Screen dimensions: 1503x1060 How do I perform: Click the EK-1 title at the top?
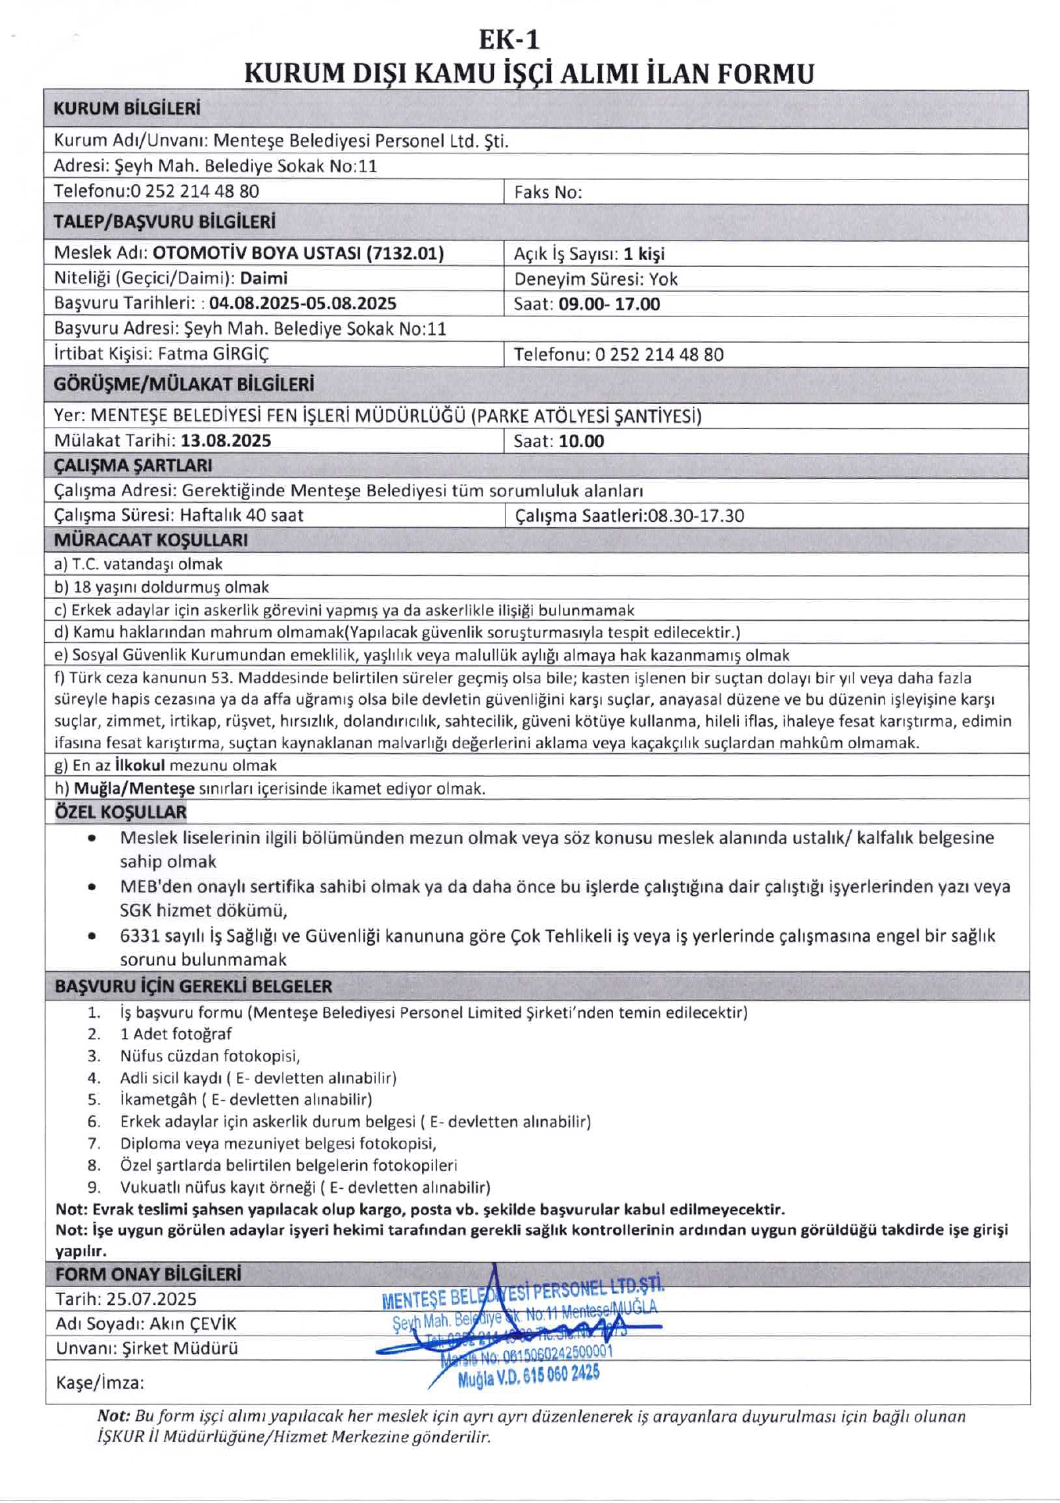(x=509, y=38)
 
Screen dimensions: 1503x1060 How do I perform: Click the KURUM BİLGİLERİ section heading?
(x=127, y=109)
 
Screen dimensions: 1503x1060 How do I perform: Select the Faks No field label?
(x=548, y=193)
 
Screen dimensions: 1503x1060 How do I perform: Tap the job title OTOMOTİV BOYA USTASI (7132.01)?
(x=298, y=253)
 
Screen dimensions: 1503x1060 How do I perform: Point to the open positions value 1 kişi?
(x=644, y=254)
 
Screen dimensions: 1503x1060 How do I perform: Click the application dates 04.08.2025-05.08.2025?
(x=303, y=303)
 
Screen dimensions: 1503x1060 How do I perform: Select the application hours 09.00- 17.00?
(x=609, y=304)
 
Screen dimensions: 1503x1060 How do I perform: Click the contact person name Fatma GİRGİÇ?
(x=213, y=354)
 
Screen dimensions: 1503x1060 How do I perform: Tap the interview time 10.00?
(x=581, y=442)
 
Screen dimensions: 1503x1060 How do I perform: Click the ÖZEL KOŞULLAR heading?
(x=121, y=812)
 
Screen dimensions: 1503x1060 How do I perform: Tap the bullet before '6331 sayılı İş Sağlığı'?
(x=92, y=935)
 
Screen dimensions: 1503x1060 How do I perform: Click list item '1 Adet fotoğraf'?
(x=175, y=1034)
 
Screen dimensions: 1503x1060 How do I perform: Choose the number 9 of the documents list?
(x=94, y=1187)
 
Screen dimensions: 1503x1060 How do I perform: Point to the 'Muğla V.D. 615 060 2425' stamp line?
(x=528, y=1375)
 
